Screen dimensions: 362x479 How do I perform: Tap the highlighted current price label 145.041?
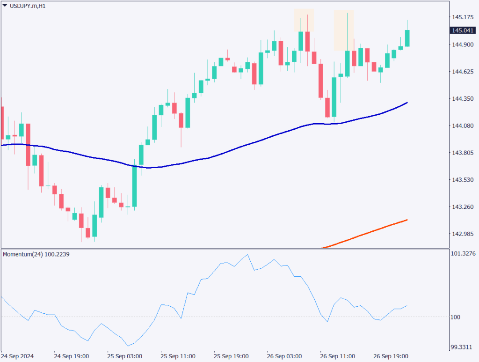[461, 30]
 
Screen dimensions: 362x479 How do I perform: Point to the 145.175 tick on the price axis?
[461, 17]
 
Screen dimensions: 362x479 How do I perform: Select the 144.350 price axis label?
[461, 99]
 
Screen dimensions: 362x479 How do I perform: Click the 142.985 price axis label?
[461, 234]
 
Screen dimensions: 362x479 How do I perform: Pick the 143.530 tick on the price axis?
[461, 180]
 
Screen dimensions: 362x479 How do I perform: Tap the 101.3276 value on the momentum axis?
[462, 254]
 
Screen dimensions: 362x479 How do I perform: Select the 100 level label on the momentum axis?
[456, 317]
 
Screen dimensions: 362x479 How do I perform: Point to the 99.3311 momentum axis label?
[461, 347]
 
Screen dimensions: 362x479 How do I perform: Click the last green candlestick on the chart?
[407, 38]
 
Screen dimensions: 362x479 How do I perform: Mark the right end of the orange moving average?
[407, 220]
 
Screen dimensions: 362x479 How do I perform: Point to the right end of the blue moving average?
[407, 103]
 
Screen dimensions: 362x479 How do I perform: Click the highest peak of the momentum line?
[247, 255]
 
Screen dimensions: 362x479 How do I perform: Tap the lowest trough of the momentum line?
[128, 346]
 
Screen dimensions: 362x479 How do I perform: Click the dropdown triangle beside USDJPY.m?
[5, 6]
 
